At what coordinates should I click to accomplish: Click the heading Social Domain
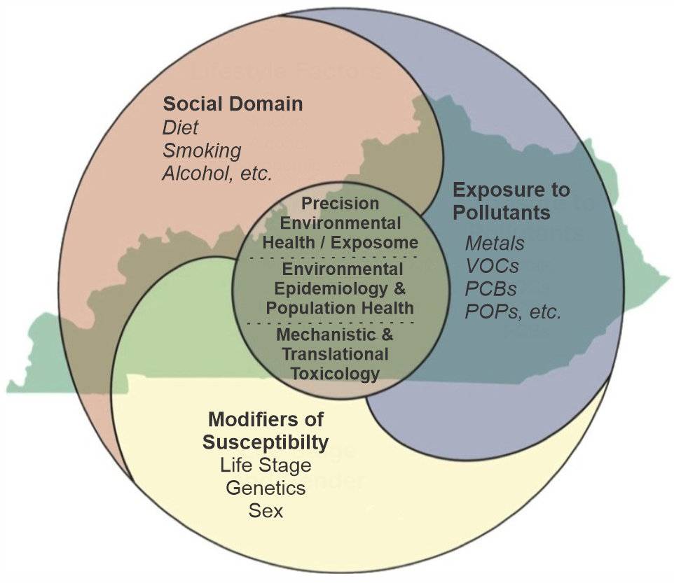pyautogui.click(x=233, y=104)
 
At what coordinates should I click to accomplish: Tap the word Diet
pyautogui.click(x=180, y=127)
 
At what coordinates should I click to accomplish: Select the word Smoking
pyautogui.click(x=202, y=150)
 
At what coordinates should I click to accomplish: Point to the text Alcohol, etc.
pyautogui.click(x=216, y=174)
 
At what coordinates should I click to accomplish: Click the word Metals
pyautogui.click(x=495, y=244)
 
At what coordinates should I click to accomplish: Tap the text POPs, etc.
pyautogui.click(x=513, y=311)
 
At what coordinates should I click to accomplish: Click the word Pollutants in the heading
pyautogui.click(x=501, y=211)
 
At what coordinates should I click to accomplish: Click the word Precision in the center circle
pyautogui.click(x=340, y=204)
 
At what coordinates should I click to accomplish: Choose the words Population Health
pyautogui.click(x=340, y=308)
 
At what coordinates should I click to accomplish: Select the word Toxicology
pyautogui.click(x=335, y=374)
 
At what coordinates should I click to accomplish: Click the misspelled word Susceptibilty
pyautogui.click(x=266, y=442)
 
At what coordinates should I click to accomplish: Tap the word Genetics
pyautogui.click(x=266, y=487)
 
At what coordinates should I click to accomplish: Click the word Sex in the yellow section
pyautogui.click(x=266, y=510)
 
